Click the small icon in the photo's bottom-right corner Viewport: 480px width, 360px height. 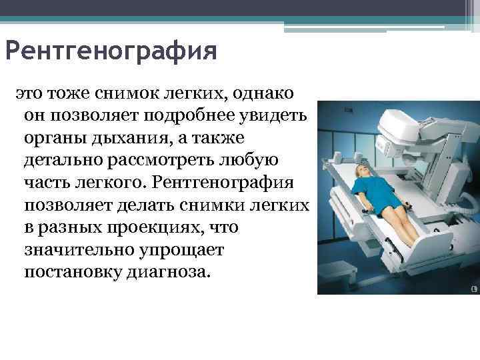474,289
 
